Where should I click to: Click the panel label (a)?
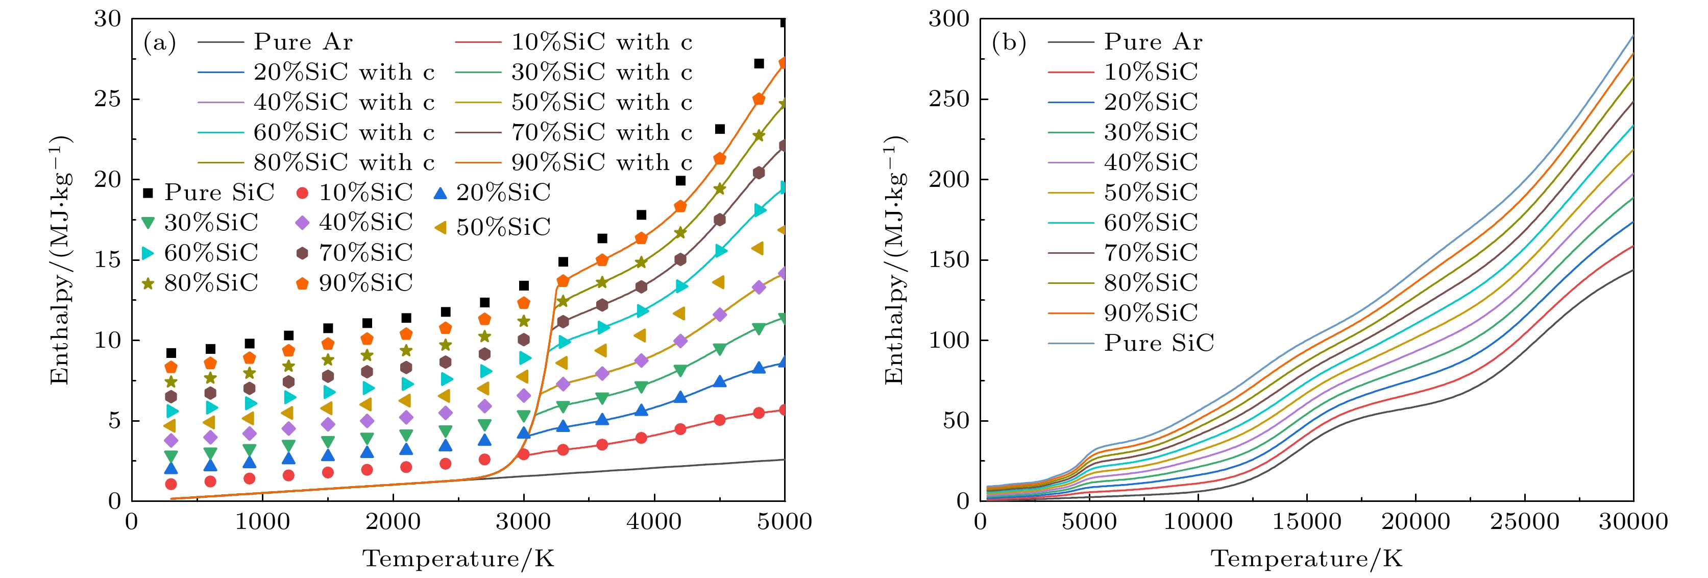coord(160,43)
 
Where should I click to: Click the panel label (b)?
coord(1009,43)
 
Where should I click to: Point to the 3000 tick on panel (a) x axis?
coord(523,522)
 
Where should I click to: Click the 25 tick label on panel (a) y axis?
coord(107,100)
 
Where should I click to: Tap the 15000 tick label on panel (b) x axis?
coord(1306,522)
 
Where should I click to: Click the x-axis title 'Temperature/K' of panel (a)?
coord(458,559)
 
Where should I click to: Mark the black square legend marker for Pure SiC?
coord(149,193)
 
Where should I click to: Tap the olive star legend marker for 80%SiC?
coord(149,283)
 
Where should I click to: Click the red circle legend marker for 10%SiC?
coord(302,193)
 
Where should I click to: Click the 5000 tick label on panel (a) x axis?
coord(785,522)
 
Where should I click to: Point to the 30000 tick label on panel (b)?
coord(1633,522)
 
